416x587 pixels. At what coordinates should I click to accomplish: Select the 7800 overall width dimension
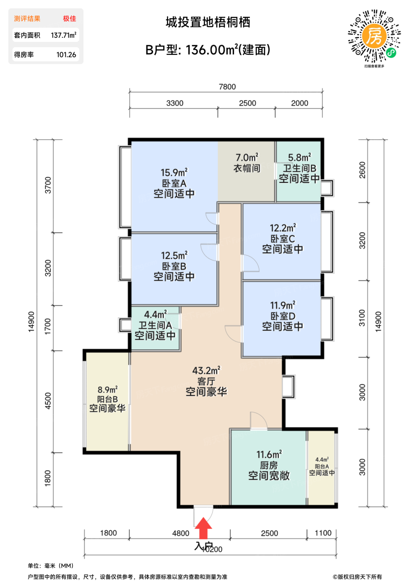click(x=227, y=87)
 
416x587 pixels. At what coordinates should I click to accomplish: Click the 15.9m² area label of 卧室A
click(x=174, y=173)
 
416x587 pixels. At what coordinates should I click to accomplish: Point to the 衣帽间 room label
click(x=247, y=168)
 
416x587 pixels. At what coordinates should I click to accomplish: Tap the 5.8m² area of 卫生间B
click(x=299, y=158)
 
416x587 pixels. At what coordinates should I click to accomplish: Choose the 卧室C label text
click(x=283, y=239)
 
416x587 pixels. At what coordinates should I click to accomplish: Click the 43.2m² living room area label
click(x=206, y=371)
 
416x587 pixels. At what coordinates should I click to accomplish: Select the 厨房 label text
click(x=269, y=466)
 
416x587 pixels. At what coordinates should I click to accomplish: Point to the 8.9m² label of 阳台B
click(x=107, y=390)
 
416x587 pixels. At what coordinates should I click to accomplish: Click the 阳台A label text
click(x=322, y=466)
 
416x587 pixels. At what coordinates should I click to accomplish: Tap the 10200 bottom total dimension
click(x=212, y=549)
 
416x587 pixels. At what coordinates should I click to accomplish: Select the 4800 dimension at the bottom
click(x=181, y=533)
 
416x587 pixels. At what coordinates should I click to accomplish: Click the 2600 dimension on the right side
click(x=362, y=170)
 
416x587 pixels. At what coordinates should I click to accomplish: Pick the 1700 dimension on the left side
click(x=47, y=327)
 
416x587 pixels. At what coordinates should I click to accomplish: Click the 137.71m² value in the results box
click(x=64, y=35)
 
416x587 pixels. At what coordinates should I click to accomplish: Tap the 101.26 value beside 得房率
click(x=66, y=55)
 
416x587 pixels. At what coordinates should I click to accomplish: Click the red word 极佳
click(x=70, y=18)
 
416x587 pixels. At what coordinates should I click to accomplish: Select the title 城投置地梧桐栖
click(x=208, y=22)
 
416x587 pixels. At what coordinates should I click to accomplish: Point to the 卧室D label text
click(x=283, y=316)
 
